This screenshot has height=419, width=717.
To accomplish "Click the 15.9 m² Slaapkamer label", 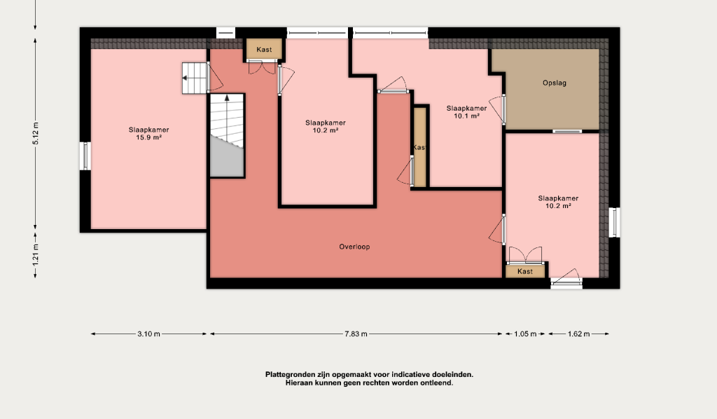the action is pos(148,133).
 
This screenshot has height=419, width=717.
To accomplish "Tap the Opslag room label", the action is pos(555,83).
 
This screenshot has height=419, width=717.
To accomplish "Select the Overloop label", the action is pos(354,247).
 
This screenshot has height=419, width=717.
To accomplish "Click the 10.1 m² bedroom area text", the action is pos(466,116).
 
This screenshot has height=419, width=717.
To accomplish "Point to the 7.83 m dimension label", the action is pos(356,334).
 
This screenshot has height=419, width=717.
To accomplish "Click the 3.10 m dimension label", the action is pos(148,334).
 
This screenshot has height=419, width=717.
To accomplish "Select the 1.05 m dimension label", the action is pos(525,334).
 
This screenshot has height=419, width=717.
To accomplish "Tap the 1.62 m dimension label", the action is pos(578,334).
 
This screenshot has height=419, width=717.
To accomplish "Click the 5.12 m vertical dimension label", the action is pos(36,134).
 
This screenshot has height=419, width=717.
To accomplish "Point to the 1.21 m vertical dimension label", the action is pos(36,254).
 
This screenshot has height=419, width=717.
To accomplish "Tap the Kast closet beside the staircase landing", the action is pos(264,50).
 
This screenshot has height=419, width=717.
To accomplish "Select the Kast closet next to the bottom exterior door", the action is pos(525,271).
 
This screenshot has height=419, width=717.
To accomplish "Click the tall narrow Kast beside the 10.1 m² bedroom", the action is pos(420,147).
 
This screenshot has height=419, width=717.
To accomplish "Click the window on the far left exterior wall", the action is pos(85,156).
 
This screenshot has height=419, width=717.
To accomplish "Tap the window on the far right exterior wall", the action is pos(615,222).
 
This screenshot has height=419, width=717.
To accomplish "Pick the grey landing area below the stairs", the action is pos(228,160).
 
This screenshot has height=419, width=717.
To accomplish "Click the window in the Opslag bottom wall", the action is pos(567,131).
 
